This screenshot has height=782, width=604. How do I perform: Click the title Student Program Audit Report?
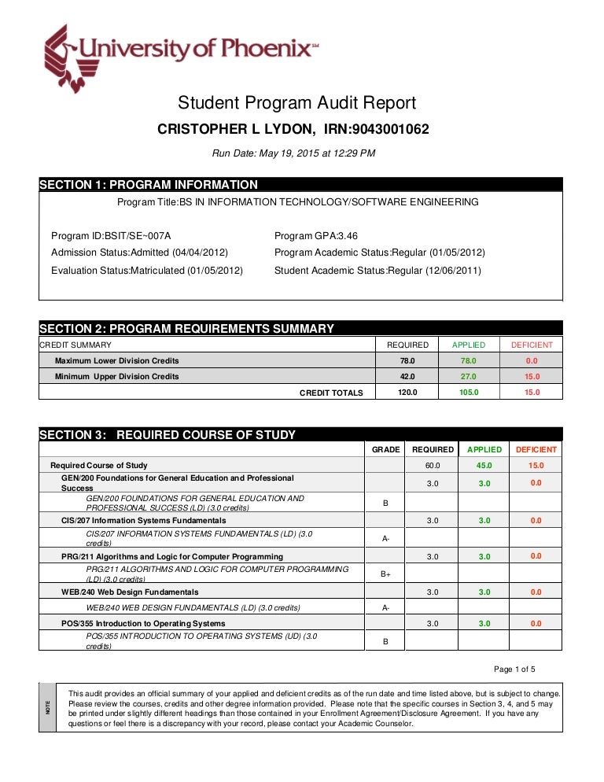[x=296, y=103]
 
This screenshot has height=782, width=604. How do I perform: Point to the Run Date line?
[x=294, y=153]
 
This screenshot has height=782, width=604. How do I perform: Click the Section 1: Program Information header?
[x=149, y=185]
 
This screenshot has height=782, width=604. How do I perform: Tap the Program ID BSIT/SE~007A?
[x=111, y=236]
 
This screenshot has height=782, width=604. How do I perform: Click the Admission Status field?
[x=139, y=253]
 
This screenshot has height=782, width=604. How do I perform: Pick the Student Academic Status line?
[x=377, y=270]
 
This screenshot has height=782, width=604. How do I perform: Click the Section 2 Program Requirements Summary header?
[x=186, y=329]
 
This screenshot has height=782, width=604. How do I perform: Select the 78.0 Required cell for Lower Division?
[x=407, y=360]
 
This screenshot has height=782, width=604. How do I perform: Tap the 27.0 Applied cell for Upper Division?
[x=468, y=376]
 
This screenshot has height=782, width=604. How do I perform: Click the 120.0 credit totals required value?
[x=407, y=392]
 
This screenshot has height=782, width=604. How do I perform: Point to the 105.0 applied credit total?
[x=468, y=392]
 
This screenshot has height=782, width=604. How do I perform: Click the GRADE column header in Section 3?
[x=385, y=449]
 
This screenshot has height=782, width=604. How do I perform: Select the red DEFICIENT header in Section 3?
[x=536, y=449]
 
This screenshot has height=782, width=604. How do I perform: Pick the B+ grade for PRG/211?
[x=385, y=574]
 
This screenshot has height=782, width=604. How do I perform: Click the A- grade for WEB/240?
[x=385, y=607]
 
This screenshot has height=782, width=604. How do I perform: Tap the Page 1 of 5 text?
[x=514, y=669]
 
